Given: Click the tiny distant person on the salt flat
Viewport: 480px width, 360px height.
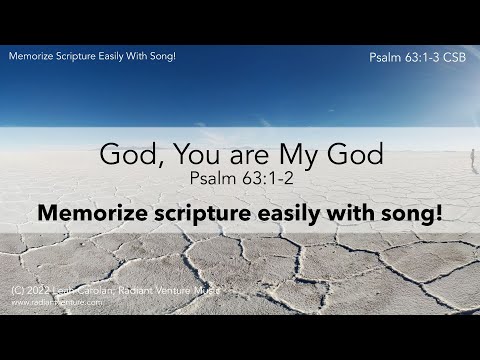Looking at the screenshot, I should pos(472,158).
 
